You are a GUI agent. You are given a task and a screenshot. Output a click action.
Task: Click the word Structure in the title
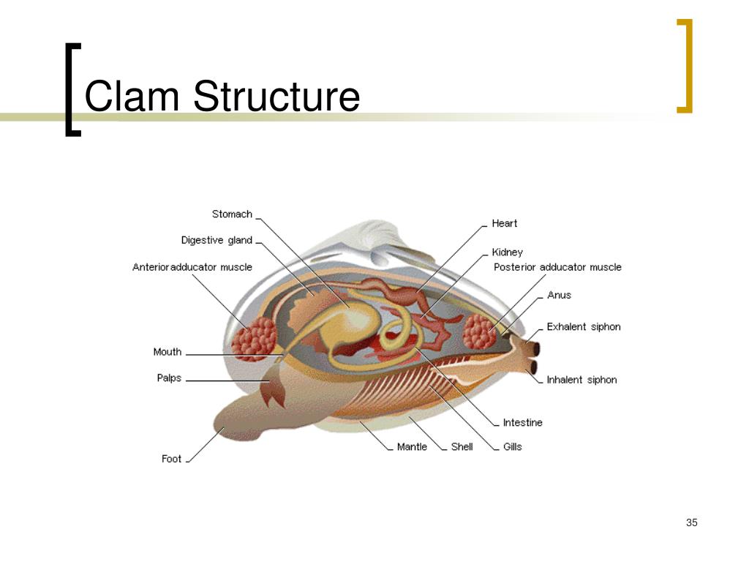[x=276, y=97]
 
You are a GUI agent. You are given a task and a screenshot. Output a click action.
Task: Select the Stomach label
[x=232, y=214]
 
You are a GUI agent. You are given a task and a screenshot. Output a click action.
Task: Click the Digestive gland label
[x=217, y=241]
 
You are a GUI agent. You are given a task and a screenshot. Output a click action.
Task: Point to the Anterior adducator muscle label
[x=192, y=267]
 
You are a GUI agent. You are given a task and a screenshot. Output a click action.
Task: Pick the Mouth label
[x=168, y=352]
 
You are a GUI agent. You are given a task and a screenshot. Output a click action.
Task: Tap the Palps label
[x=169, y=378]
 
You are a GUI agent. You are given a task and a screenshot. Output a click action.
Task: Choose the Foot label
[x=171, y=459]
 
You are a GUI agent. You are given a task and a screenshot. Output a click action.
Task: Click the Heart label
[x=504, y=223]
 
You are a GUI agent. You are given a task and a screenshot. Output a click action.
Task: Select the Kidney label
[x=507, y=252]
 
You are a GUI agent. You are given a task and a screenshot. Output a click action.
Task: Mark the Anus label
[x=559, y=295]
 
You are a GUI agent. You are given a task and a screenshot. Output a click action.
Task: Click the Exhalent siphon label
[x=583, y=326]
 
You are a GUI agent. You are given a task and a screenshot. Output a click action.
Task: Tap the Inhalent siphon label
[x=581, y=380]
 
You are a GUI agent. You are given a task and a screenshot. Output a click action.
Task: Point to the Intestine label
[x=522, y=422]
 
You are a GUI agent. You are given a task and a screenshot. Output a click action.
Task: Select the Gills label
[x=512, y=446]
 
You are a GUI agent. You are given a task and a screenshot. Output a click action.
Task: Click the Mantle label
[x=412, y=446]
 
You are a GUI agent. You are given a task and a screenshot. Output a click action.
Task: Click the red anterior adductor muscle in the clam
[x=253, y=339]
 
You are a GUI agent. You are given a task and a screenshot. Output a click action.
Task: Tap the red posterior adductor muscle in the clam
[x=479, y=331]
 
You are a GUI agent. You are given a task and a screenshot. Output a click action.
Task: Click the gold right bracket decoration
[x=685, y=66]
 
